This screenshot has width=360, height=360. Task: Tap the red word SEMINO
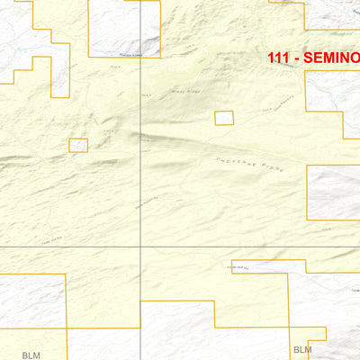coord(332,57)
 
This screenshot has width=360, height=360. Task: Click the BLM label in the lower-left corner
coord(32,344)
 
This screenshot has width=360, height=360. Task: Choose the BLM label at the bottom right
coord(302,349)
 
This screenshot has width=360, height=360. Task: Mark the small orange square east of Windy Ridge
coord(223,118)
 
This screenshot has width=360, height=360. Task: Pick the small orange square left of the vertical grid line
coord(78,145)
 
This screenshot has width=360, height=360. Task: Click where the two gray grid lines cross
coord(140,246)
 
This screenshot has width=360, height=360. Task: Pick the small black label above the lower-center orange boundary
coord(238,266)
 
